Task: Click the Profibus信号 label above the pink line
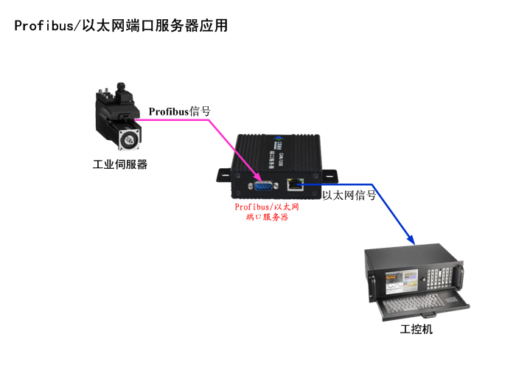(180, 111)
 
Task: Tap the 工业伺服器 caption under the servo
(120, 164)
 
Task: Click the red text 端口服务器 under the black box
(266, 218)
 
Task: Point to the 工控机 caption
(416, 329)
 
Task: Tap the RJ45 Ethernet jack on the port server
(296, 182)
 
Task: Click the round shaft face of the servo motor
(129, 136)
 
